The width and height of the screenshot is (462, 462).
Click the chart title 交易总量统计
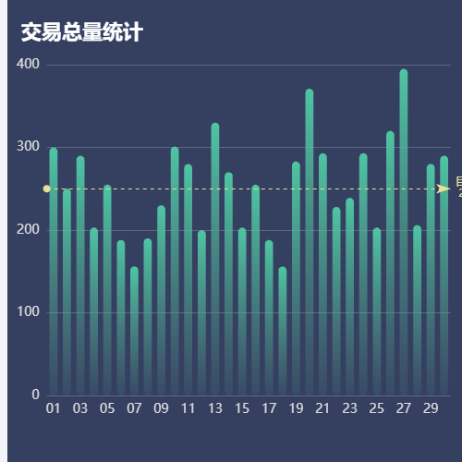click(x=81, y=33)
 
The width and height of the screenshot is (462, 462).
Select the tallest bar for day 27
click(x=404, y=231)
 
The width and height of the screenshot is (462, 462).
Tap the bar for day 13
click(x=215, y=259)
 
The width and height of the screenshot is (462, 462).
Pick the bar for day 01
click(x=54, y=272)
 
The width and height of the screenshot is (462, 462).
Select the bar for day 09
click(x=162, y=300)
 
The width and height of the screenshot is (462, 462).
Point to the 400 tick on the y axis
click(x=28, y=65)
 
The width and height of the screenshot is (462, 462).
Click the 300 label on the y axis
click(x=28, y=147)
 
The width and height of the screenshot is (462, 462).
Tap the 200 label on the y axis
click(x=28, y=230)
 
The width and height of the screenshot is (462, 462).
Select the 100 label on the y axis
click(x=28, y=312)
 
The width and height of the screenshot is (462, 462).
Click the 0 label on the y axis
click(x=34, y=395)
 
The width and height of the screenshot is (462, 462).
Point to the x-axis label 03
click(x=80, y=408)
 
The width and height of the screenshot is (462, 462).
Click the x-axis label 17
click(x=269, y=408)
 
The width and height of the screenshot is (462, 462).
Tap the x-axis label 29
click(x=431, y=408)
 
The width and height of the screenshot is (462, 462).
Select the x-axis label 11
click(x=188, y=408)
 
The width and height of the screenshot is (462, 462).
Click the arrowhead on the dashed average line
click(x=444, y=188)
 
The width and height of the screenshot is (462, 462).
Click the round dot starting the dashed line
click(x=47, y=188)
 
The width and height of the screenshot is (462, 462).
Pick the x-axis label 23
click(x=349, y=408)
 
